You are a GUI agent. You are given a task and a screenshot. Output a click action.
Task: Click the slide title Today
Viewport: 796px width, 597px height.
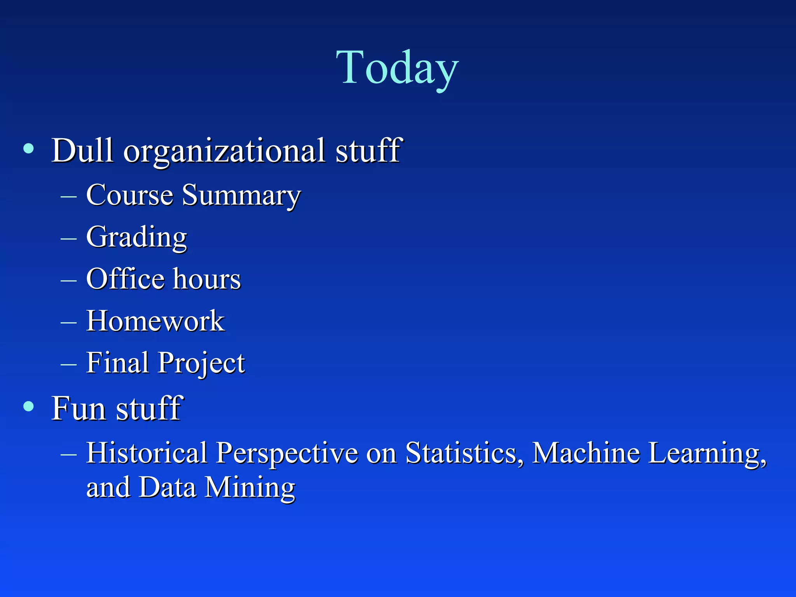tap(397, 68)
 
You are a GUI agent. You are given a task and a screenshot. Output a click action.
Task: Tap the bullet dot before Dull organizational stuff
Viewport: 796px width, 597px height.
tap(28, 148)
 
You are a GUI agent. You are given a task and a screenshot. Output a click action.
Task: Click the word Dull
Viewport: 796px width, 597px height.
tap(82, 150)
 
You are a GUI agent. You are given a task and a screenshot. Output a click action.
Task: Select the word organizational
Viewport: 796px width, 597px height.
tap(224, 152)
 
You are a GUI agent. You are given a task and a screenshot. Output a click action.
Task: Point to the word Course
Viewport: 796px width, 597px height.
tap(129, 195)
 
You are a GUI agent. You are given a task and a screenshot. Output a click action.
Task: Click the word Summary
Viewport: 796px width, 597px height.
tap(241, 196)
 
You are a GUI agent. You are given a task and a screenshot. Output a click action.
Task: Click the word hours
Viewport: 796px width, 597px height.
tap(207, 279)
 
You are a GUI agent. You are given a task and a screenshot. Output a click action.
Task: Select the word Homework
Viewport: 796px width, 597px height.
tap(155, 321)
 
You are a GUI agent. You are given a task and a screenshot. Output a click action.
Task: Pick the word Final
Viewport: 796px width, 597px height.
tap(117, 362)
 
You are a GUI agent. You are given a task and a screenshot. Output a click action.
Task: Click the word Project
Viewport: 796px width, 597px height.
tap(201, 363)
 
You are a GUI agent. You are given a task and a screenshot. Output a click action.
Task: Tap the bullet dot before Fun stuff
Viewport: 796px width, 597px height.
tap(28, 407)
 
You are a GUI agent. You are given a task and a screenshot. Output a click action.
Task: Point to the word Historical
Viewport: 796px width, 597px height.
tap(147, 453)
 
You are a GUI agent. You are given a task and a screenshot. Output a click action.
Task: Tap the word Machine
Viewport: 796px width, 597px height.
tap(586, 453)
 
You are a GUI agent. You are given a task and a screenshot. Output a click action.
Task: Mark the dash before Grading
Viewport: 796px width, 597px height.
tap(69, 237)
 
